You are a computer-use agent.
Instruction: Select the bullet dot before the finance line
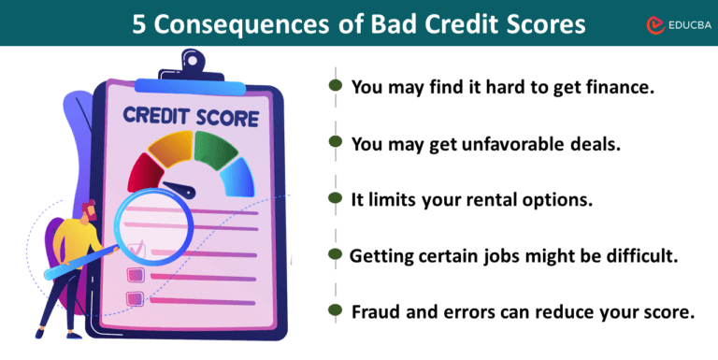click(335, 86)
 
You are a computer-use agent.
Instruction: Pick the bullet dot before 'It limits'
click(335, 198)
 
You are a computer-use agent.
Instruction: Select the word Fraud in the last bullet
click(377, 311)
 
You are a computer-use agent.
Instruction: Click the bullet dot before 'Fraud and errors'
click(335, 310)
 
